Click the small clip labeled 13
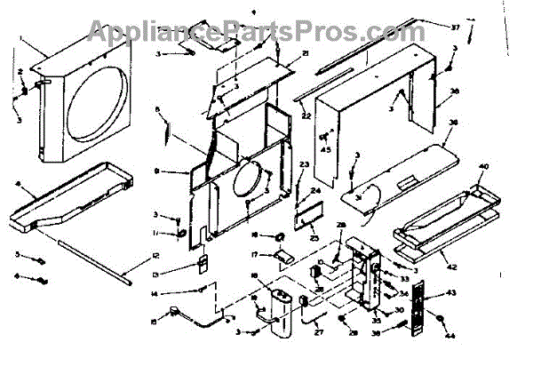click(x=201, y=264)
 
